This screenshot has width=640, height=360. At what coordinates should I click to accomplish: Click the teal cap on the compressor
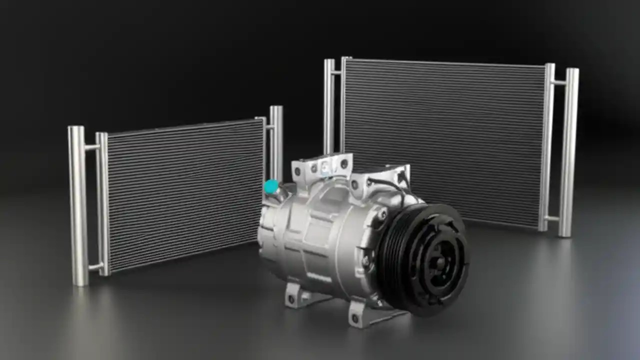pyautogui.click(x=271, y=187)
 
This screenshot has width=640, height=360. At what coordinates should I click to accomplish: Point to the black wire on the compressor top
pyautogui.click(x=395, y=185)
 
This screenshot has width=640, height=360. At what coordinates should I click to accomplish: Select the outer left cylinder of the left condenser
pyautogui.click(x=78, y=205)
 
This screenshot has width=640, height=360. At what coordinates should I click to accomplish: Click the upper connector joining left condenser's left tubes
pyautogui.click(x=92, y=147)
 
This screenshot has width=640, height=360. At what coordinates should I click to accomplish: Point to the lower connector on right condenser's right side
pyautogui.click(x=552, y=218)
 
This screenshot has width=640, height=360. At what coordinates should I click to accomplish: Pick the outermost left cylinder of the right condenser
pyautogui.click(x=329, y=105)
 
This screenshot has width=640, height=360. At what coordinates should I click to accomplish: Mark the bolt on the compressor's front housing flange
pyautogui.click(x=382, y=214)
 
